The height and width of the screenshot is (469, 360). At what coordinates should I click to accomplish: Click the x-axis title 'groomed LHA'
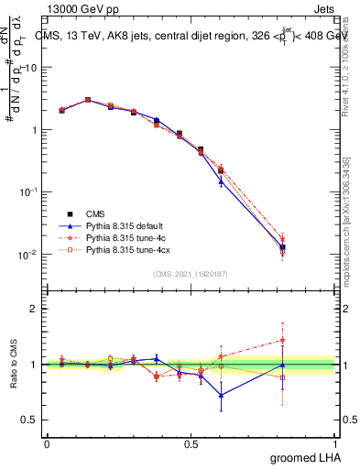click(x=307, y=457)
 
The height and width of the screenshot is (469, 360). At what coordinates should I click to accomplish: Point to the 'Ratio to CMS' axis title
click(x=12, y=364)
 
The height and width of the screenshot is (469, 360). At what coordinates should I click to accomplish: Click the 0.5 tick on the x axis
click(x=191, y=442)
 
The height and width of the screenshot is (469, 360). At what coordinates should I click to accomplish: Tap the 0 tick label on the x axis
click(x=47, y=442)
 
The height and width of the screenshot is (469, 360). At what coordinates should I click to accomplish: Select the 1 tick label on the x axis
click(x=336, y=442)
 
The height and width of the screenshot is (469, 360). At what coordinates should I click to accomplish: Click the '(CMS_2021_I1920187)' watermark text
click(x=191, y=273)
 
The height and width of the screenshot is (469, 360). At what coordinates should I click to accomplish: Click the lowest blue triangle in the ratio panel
click(x=221, y=396)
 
